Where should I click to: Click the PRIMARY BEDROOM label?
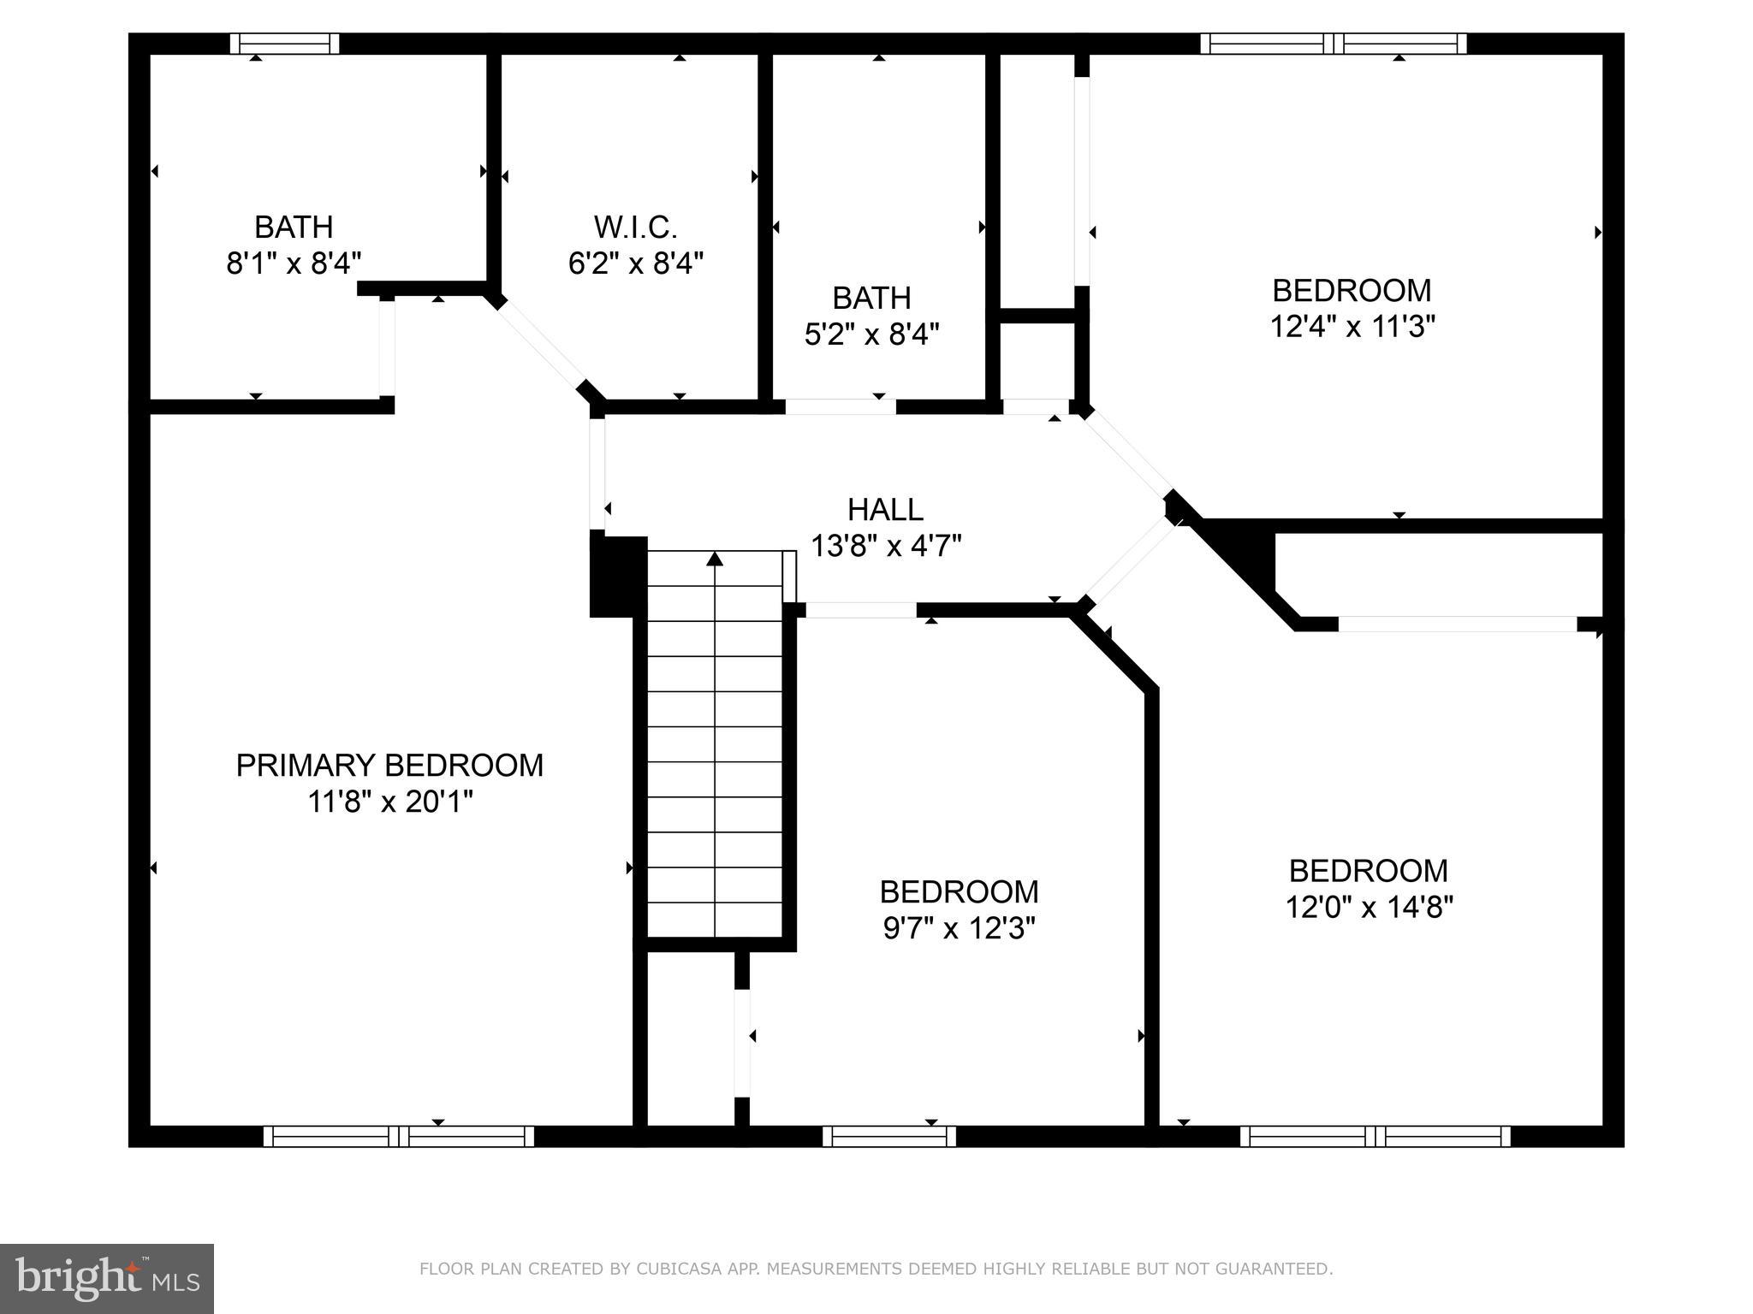click(x=389, y=766)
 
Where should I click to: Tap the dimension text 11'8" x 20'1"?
click(x=389, y=802)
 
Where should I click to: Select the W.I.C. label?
click(x=635, y=228)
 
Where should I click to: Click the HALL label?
click(x=885, y=510)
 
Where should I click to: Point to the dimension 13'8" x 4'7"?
click(x=885, y=546)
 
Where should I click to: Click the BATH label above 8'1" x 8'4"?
click(x=294, y=228)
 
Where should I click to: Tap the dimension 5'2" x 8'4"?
click(x=871, y=334)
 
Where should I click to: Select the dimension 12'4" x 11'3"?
click(x=1352, y=326)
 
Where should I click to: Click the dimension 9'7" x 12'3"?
click(x=959, y=928)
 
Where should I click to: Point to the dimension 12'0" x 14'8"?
click(x=1368, y=907)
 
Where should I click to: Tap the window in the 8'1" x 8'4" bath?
click(x=285, y=44)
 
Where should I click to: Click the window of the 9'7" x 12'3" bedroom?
click(x=888, y=1136)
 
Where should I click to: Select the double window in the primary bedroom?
click(x=398, y=1136)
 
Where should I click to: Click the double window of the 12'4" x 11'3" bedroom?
click(x=1333, y=44)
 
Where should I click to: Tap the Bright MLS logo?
click(x=107, y=1278)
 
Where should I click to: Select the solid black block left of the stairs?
click(x=617, y=576)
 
